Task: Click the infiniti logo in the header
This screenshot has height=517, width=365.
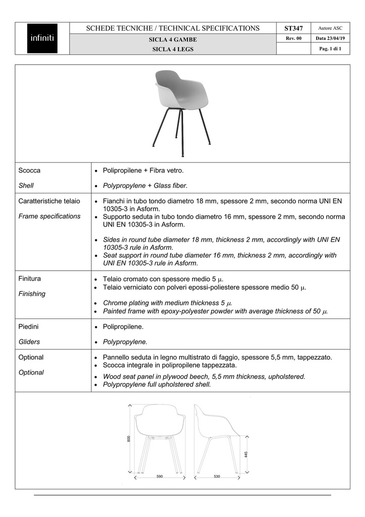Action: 42,38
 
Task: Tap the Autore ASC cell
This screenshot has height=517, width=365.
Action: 330,28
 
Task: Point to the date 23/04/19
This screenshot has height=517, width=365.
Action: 330,38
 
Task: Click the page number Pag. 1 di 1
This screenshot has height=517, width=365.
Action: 330,48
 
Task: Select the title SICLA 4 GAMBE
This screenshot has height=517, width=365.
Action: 173,39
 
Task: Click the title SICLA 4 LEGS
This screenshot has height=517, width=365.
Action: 173,49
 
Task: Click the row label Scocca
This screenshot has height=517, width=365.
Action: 29,171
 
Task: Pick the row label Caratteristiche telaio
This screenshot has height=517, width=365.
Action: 49,201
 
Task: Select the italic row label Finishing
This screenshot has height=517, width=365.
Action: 32,294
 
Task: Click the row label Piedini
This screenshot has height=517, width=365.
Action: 29,327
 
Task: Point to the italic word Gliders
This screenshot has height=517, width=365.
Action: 30,342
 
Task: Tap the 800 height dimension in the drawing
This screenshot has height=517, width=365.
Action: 129,439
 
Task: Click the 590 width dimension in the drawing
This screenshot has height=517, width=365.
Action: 159,477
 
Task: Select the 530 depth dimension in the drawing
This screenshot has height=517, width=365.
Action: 217,477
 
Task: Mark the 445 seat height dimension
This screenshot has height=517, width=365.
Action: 246,454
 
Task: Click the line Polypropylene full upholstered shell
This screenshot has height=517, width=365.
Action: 157,385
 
